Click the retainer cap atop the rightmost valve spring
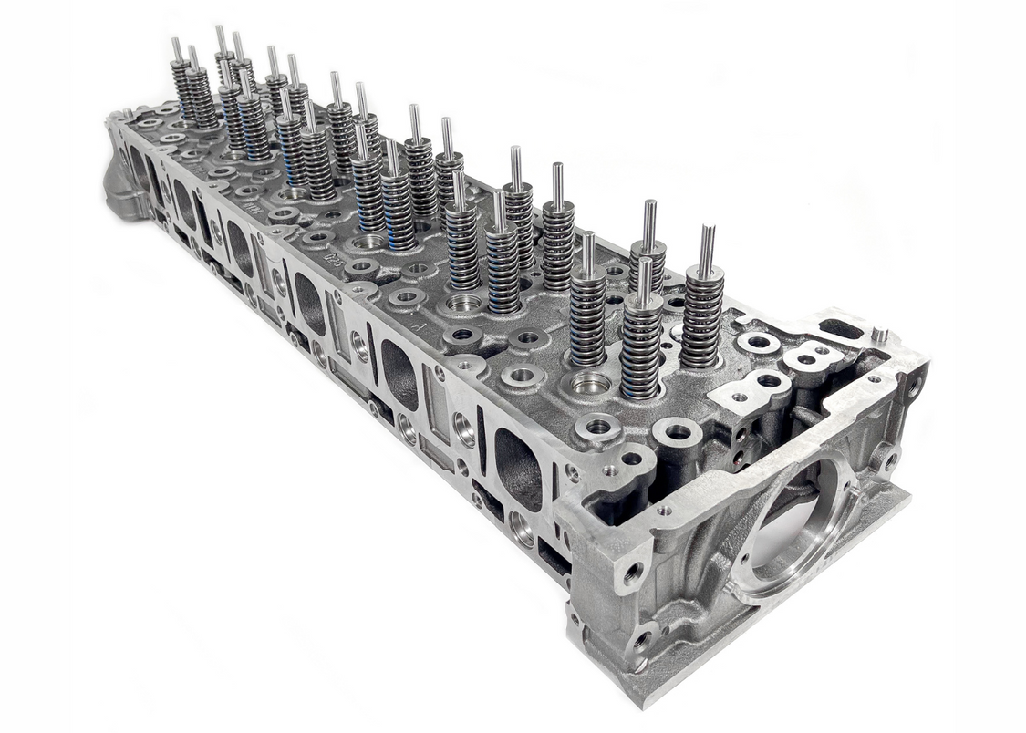705,274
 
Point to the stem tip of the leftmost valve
176,47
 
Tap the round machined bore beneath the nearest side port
522,528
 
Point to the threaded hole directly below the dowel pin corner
913,387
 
